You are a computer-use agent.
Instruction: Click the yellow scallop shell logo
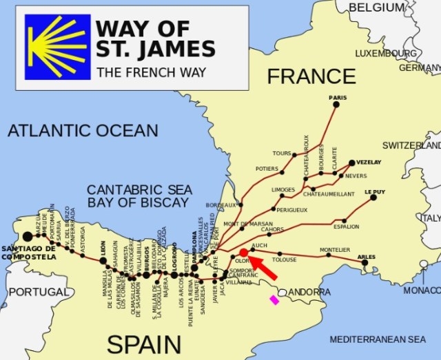tap(57, 47)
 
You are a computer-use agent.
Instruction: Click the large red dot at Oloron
tap(244, 253)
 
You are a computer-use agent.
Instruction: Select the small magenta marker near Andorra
tap(274, 300)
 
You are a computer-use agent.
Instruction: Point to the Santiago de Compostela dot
tap(28, 236)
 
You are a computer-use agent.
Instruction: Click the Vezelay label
tap(371, 162)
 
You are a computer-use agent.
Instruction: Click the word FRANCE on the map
tap(310, 76)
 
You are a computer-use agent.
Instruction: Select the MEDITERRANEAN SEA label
tap(377, 339)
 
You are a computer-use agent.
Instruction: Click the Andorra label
tap(309, 292)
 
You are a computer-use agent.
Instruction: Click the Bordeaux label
tap(220, 205)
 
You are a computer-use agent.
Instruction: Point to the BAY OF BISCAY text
tap(137, 202)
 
